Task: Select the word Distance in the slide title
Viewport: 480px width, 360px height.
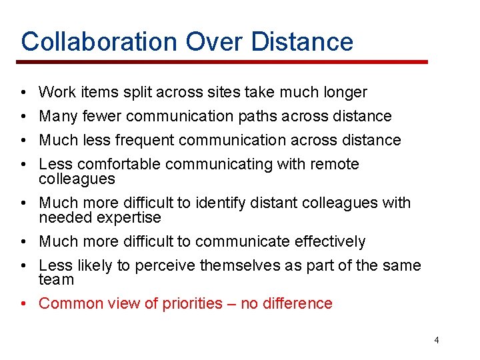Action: point(303,41)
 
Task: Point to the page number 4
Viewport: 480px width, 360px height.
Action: point(437,340)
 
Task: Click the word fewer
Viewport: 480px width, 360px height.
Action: point(102,116)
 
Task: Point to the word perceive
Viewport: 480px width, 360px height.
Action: point(165,265)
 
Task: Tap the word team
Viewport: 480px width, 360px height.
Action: point(56,280)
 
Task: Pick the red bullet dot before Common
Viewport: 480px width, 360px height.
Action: point(23,304)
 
